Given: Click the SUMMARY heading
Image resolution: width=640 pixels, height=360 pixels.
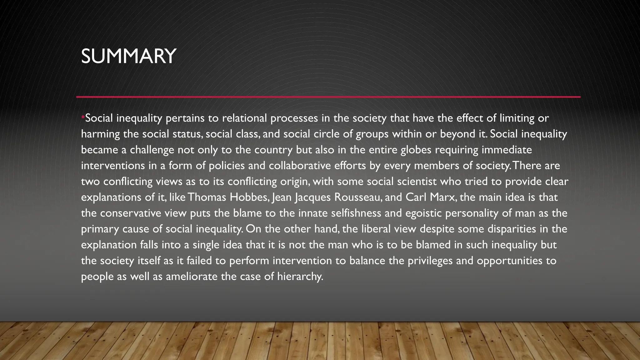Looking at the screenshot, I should tap(128, 56).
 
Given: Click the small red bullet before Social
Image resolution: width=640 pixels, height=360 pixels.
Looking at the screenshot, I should tap(83, 117).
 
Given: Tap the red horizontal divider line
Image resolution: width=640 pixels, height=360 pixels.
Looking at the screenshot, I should tap(328, 97).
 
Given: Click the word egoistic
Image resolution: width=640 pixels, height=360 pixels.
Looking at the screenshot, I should tap(423, 213).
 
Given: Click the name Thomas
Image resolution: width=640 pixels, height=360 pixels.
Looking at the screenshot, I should tap(207, 197).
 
